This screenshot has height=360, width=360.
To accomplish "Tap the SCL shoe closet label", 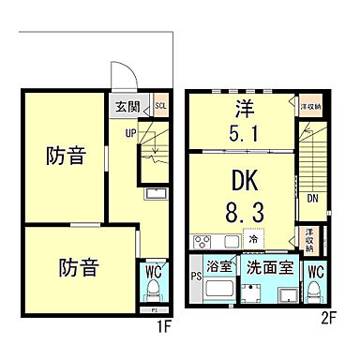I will pyautogui.click(x=160, y=107).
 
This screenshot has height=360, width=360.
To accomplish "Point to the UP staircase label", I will pyautogui.click(x=132, y=133).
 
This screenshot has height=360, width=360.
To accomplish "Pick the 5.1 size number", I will pyautogui.click(x=243, y=132).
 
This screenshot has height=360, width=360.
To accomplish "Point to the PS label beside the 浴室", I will pyautogui.click(x=194, y=277).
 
